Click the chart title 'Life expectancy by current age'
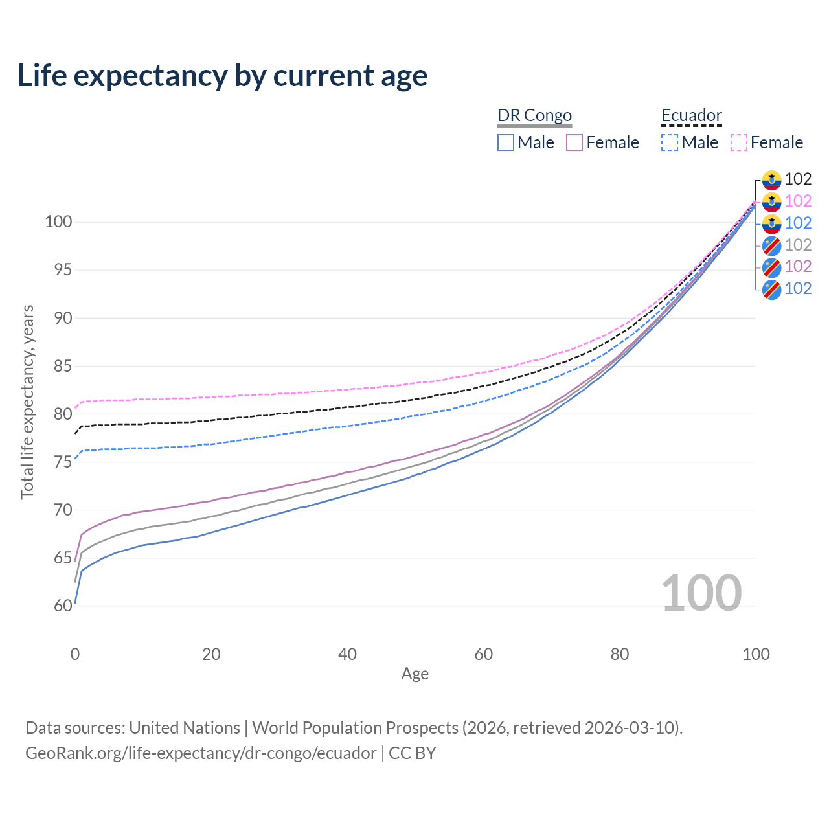coord(222,75)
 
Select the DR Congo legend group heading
coord(534,115)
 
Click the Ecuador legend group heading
coord(691,115)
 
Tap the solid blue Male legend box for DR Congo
coord(506,142)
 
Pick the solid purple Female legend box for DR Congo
coord(574,142)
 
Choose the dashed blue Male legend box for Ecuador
coord(670,142)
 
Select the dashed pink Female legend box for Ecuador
coord(739,142)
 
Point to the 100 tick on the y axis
coord(58,222)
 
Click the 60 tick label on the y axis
coord(63,606)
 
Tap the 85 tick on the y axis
coord(63,366)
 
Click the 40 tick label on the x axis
coord(347,654)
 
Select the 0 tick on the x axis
coord(75,654)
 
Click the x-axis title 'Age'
coord(414,674)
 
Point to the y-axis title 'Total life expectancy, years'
coord(27,402)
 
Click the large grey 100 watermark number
coord(701,593)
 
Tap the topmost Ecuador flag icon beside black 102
coord(771,179)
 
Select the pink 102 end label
coord(798,201)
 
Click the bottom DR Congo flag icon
coord(771,289)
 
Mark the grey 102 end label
coord(798,245)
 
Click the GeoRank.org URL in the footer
coord(201,753)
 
